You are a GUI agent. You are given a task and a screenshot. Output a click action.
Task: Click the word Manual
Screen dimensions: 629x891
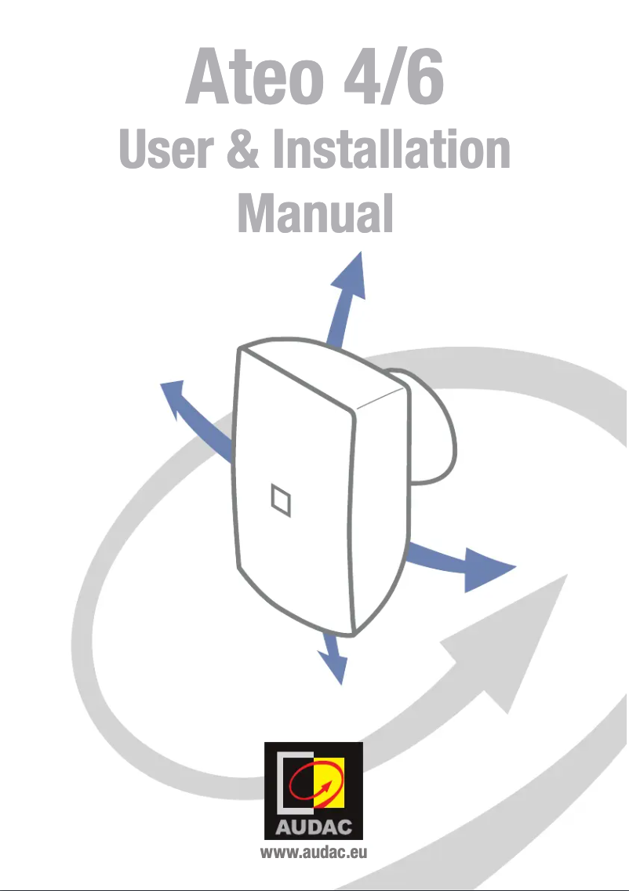[314, 213]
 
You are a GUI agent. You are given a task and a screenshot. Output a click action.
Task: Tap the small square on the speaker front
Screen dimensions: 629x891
[279, 500]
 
